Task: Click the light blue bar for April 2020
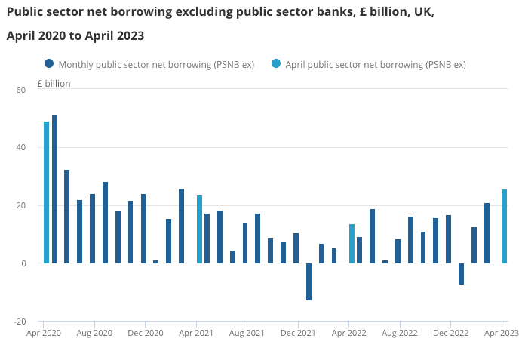46,192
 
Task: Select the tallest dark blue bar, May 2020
54,189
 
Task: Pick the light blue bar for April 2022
352,244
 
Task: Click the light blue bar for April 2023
504,226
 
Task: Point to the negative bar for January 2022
309,282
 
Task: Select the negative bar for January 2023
461,274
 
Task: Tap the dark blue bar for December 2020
143,229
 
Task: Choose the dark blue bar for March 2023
487,233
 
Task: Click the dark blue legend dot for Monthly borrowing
49,64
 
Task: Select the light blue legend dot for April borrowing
275,64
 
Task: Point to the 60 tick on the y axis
20,90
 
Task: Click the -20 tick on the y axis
19,322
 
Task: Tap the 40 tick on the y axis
20,148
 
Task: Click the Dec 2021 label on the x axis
298,333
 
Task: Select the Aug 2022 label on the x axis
399,333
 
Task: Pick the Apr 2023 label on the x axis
501,333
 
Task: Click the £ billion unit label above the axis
54,84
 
